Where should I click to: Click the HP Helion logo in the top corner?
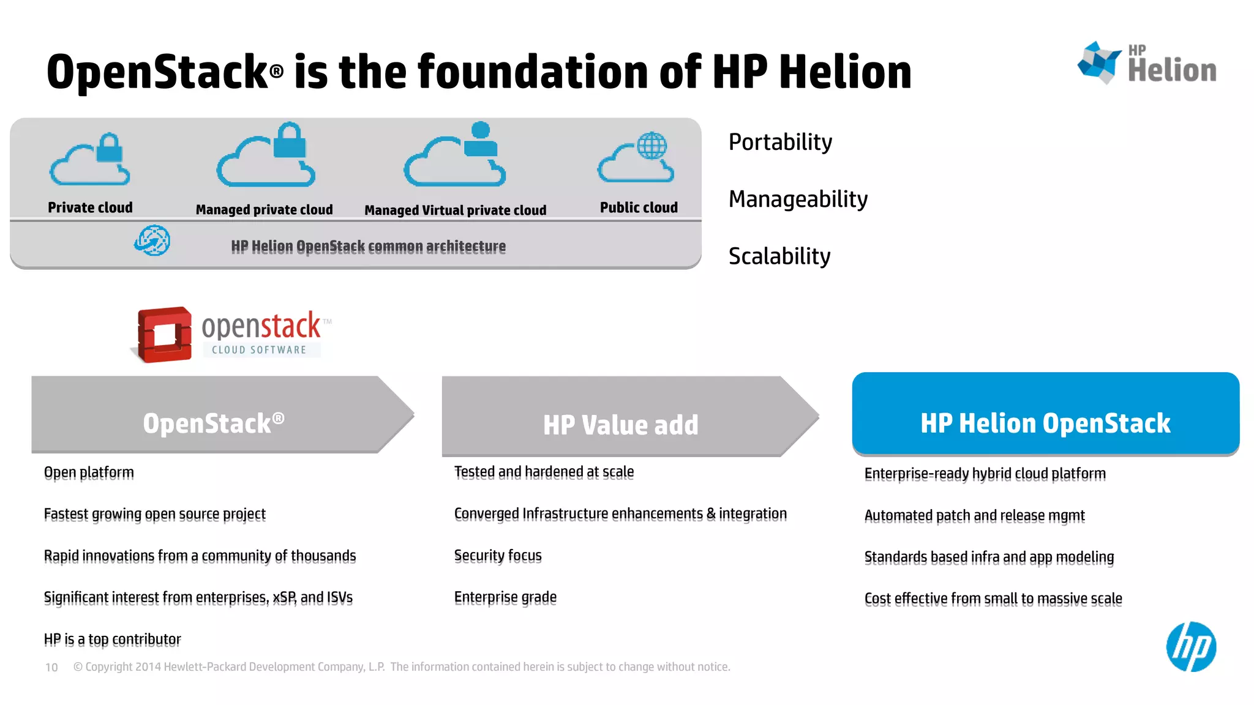[x=1146, y=63]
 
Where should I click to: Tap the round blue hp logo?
[x=1190, y=647]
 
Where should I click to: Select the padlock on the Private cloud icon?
[x=110, y=147]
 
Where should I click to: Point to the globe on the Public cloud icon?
[x=651, y=145]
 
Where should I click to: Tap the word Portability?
[x=780, y=142]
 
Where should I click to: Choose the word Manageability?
[x=798, y=199]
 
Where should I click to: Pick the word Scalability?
[x=779, y=256]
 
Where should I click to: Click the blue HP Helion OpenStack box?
[x=1045, y=414]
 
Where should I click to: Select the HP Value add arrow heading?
[x=620, y=424]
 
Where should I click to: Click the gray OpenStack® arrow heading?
[x=213, y=422]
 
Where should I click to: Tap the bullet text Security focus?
[x=498, y=556]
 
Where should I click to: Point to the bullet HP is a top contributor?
[x=112, y=640]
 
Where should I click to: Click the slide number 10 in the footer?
[x=51, y=667]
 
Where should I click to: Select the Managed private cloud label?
[x=264, y=210]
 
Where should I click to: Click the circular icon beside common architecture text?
[x=152, y=241]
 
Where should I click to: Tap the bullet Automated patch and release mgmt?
[x=974, y=516]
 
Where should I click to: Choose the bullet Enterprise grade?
[x=505, y=597]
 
